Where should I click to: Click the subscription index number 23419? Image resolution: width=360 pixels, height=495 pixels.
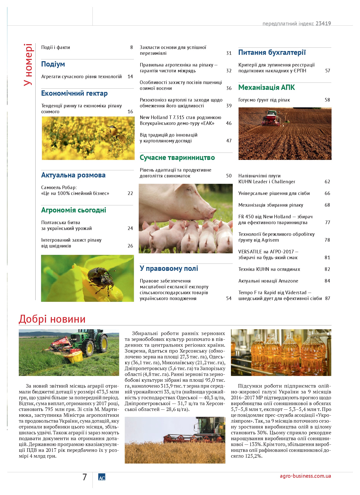[323, 24]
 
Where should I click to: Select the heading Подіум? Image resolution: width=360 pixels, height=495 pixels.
[53, 64]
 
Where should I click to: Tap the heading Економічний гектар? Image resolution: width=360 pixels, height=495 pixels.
[74, 93]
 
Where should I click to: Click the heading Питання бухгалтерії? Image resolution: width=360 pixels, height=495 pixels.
[272, 53]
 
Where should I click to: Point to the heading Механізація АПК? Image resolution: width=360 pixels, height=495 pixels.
[267, 88]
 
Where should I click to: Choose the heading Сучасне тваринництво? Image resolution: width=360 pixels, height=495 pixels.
[177, 158]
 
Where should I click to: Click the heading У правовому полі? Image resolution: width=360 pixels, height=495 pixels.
[169, 269]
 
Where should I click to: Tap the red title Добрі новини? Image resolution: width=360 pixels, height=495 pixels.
[52, 319]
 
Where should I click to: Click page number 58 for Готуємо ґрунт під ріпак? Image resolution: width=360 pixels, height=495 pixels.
[327, 100]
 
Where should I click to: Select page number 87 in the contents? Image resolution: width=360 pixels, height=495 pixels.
[327, 299]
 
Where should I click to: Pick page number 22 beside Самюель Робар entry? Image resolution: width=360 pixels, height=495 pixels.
[130, 193]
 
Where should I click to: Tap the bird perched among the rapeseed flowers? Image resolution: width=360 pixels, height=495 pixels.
[113, 130]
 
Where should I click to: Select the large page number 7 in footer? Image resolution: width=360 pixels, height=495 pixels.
[85, 477]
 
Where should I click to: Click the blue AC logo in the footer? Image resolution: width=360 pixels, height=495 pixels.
[102, 477]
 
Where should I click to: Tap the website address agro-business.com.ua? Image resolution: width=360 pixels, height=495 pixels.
[305, 476]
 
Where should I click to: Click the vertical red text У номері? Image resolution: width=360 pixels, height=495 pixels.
[28, 65]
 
